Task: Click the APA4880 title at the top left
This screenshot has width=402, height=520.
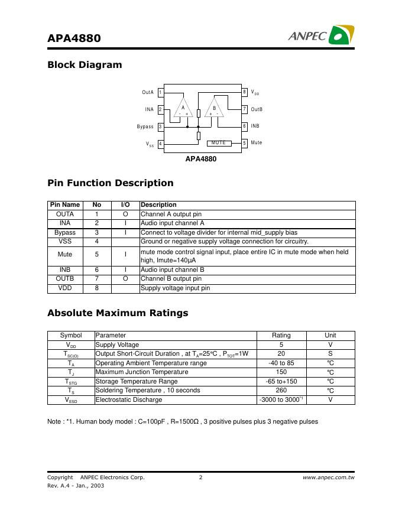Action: point(74,38)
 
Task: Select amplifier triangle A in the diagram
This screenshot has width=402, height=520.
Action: point(183,109)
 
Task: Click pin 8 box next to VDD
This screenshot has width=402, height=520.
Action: point(244,92)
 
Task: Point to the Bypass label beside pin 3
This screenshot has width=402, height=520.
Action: point(145,126)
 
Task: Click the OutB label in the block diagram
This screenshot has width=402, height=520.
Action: point(257,109)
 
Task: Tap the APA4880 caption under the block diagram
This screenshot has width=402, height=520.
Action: point(201,159)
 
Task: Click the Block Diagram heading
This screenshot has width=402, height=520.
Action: point(85,65)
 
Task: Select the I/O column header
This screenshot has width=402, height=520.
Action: point(125,205)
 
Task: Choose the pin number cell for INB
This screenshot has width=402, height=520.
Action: point(96,269)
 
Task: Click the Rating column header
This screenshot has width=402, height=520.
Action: point(281,335)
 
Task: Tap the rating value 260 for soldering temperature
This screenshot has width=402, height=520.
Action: point(281,391)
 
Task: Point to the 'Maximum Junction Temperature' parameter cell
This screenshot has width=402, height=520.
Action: point(142,372)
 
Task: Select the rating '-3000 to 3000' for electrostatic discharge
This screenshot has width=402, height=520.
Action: point(281,400)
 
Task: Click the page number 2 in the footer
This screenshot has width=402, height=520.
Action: point(201,477)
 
